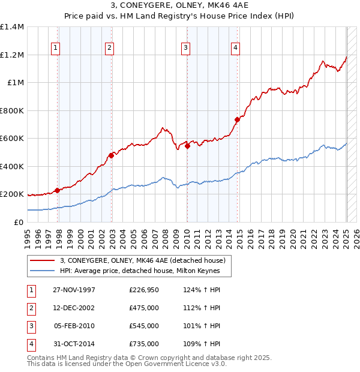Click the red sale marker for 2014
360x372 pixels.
coord(237,120)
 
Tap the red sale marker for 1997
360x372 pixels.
coord(58,191)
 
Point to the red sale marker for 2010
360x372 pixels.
coord(187,146)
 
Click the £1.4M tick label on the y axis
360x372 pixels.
coord(13,27)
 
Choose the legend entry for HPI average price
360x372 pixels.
coord(140,271)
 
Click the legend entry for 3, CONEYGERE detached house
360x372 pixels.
coord(142,260)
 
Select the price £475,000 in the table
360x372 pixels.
coord(144,308)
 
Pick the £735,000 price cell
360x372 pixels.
coord(144,344)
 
